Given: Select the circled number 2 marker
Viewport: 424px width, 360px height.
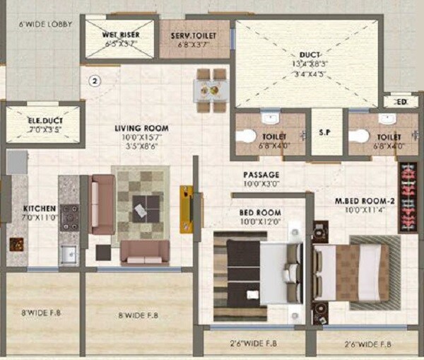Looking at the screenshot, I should pyautogui.click(x=94, y=80).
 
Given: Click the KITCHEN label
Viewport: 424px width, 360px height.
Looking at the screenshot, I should pyautogui.click(x=40, y=209).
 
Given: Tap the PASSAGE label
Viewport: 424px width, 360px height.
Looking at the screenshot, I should pyautogui.click(x=261, y=175).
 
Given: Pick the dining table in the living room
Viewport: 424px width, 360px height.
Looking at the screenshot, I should pyautogui.click(x=211, y=90).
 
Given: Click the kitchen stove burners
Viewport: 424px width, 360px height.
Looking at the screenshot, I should pyautogui.click(x=70, y=217).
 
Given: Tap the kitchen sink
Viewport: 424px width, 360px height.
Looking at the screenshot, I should pyautogui.click(x=69, y=254).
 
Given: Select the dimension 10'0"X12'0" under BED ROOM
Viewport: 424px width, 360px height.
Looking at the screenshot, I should pyautogui.click(x=261, y=221).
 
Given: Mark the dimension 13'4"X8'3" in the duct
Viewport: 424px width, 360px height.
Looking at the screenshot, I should pyautogui.click(x=309, y=64).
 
